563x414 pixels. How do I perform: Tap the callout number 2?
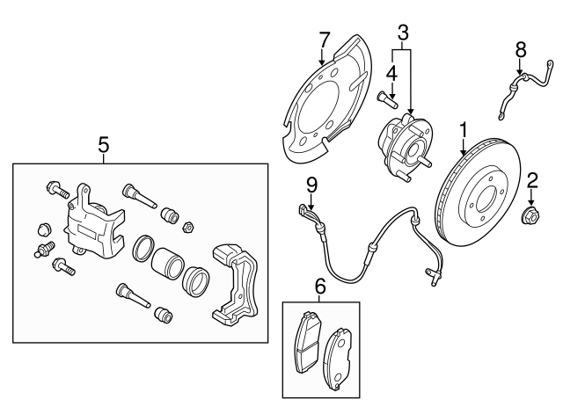531,182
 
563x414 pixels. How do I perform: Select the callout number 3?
402,33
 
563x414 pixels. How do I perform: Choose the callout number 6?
319,286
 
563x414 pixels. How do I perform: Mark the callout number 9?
311,185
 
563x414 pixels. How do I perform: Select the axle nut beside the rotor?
532,214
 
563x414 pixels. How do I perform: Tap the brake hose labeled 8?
515,88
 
